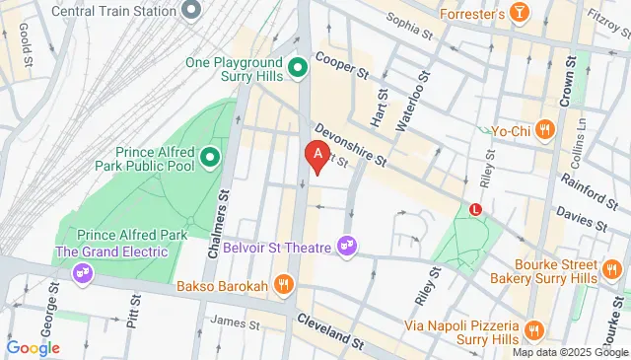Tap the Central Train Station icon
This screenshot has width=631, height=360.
(x=192, y=11)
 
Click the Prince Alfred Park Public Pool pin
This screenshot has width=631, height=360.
(x=209, y=158)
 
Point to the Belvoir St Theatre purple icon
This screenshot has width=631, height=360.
(x=346, y=244)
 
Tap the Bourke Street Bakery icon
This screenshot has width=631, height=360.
(x=612, y=269)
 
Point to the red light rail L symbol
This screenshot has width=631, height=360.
(x=476, y=209)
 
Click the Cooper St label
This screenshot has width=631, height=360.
(x=342, y=67)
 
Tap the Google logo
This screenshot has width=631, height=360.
(x=33, y=347)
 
